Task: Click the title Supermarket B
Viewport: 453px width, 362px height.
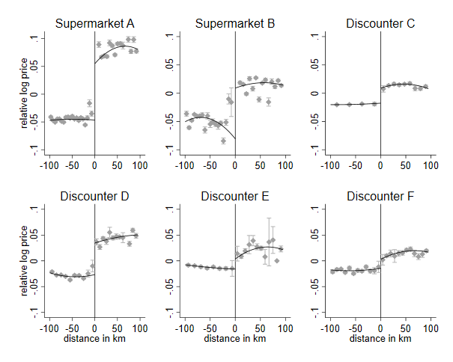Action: (x=235, y=24)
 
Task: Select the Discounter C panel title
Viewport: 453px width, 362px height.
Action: (x=380, y=24)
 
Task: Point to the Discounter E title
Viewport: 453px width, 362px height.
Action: (x=235, y=197)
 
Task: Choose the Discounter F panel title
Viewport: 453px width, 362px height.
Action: (x=380, y=197)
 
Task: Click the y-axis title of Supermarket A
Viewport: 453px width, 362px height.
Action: (x=25, y=93)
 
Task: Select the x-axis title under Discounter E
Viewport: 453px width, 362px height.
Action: (x=235, y=339)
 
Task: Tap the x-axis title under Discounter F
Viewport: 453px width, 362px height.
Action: (x=380, y=339)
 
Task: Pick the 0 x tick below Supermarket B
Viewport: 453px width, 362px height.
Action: (x=235, y=165)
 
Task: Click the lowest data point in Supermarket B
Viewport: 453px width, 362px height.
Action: (x=223, y=141)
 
